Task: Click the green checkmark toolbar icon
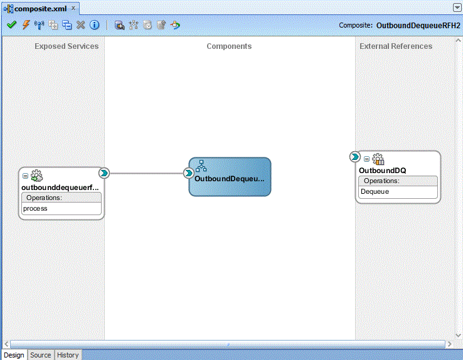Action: tap(11, 25)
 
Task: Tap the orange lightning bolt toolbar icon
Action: tap(26, 25)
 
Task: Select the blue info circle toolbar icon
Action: tap(95, 25)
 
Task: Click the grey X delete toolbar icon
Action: tap(80, 25)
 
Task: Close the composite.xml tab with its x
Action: tap(73, 8)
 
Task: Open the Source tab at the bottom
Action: tap(40, 355)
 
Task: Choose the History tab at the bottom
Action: tap(68, 355)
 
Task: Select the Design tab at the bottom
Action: tap(14, 355)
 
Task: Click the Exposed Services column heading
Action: tap(67, 46)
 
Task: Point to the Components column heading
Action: tap(229, 46)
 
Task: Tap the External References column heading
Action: tap(396, 46)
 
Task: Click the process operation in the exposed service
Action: tap(35, 209)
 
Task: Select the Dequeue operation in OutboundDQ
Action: tap(375, 192)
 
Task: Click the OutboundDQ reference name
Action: tap(383, 171)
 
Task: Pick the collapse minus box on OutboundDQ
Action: tap(366, 159)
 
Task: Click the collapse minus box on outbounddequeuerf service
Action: tap(25, 176)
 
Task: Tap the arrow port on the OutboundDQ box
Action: tap(355, 157)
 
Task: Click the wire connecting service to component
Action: tap(146, 173)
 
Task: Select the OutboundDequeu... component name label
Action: tap(230, 179)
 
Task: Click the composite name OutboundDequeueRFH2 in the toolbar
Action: tap(418, 25)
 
